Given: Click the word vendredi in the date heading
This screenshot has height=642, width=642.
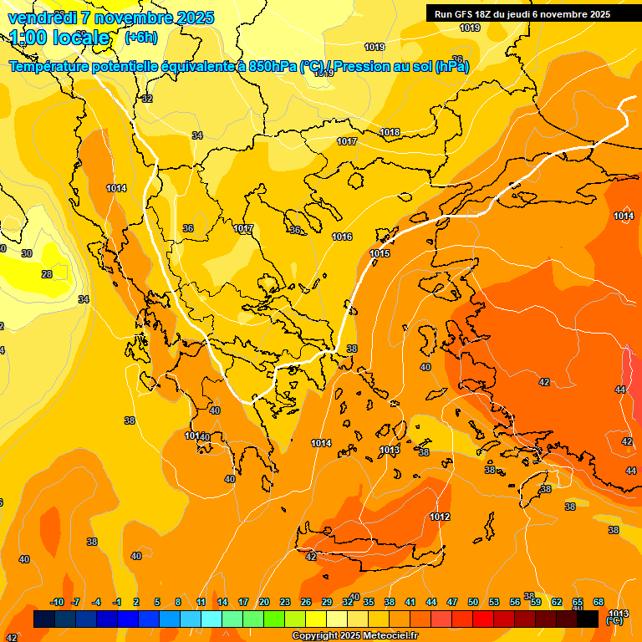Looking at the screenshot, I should point(43,18).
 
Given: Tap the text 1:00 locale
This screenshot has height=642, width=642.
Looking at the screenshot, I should point(59,38).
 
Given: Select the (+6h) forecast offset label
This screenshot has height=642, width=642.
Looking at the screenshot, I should point(140,38).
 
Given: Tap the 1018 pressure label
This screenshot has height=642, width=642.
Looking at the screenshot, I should point(390,132).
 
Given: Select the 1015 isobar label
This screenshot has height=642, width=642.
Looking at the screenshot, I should point(380,253).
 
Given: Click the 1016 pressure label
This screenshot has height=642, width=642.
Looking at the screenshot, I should point(342,237).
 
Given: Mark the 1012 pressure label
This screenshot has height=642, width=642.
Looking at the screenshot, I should point(441,517).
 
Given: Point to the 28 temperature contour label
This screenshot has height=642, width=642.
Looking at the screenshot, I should point(47,274).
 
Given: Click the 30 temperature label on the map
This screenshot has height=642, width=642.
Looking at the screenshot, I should point(27,253).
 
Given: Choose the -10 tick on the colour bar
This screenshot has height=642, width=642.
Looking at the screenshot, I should point(57,603).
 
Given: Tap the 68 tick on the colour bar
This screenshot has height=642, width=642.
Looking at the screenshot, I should point(599,603).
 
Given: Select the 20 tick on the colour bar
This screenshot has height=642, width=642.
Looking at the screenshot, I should point(263,603).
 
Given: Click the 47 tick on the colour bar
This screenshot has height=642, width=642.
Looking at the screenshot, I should point(451,603).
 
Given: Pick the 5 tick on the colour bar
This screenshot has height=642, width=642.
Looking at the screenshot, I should point(158,603).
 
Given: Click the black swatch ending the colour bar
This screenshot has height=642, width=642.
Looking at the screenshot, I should point(588,619).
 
